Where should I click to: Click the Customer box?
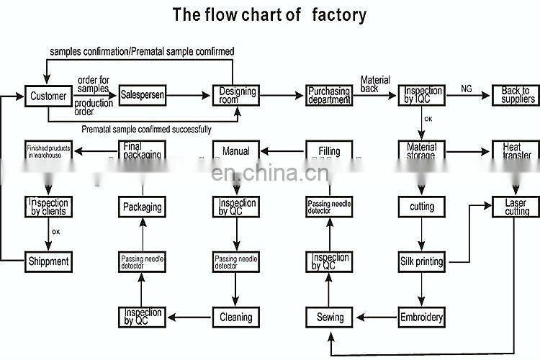coord(48,96)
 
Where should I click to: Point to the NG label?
coord(467,88)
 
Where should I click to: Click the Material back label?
coord(375,84)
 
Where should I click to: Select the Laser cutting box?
coord(516,207)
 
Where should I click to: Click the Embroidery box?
coord(421,316)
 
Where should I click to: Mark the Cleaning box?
coord(235,316)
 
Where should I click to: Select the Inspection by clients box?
coord(48,207)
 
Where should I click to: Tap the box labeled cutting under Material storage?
coord(421,207)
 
